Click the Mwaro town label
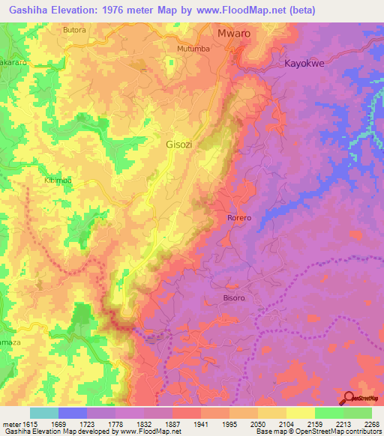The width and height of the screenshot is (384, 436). [x=233, y=34]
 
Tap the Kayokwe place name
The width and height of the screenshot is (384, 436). [x=305, y=64]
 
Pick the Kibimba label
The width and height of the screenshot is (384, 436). [x=58, y=181]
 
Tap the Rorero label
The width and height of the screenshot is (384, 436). [x=239, y=217]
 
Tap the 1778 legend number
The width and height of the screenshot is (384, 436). [x=115, y=423]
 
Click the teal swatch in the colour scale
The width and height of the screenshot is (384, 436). [x=44, y=413]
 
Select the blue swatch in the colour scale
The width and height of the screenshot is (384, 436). [x=73, y=413]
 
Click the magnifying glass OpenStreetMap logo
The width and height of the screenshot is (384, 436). [x=349, y=399]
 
